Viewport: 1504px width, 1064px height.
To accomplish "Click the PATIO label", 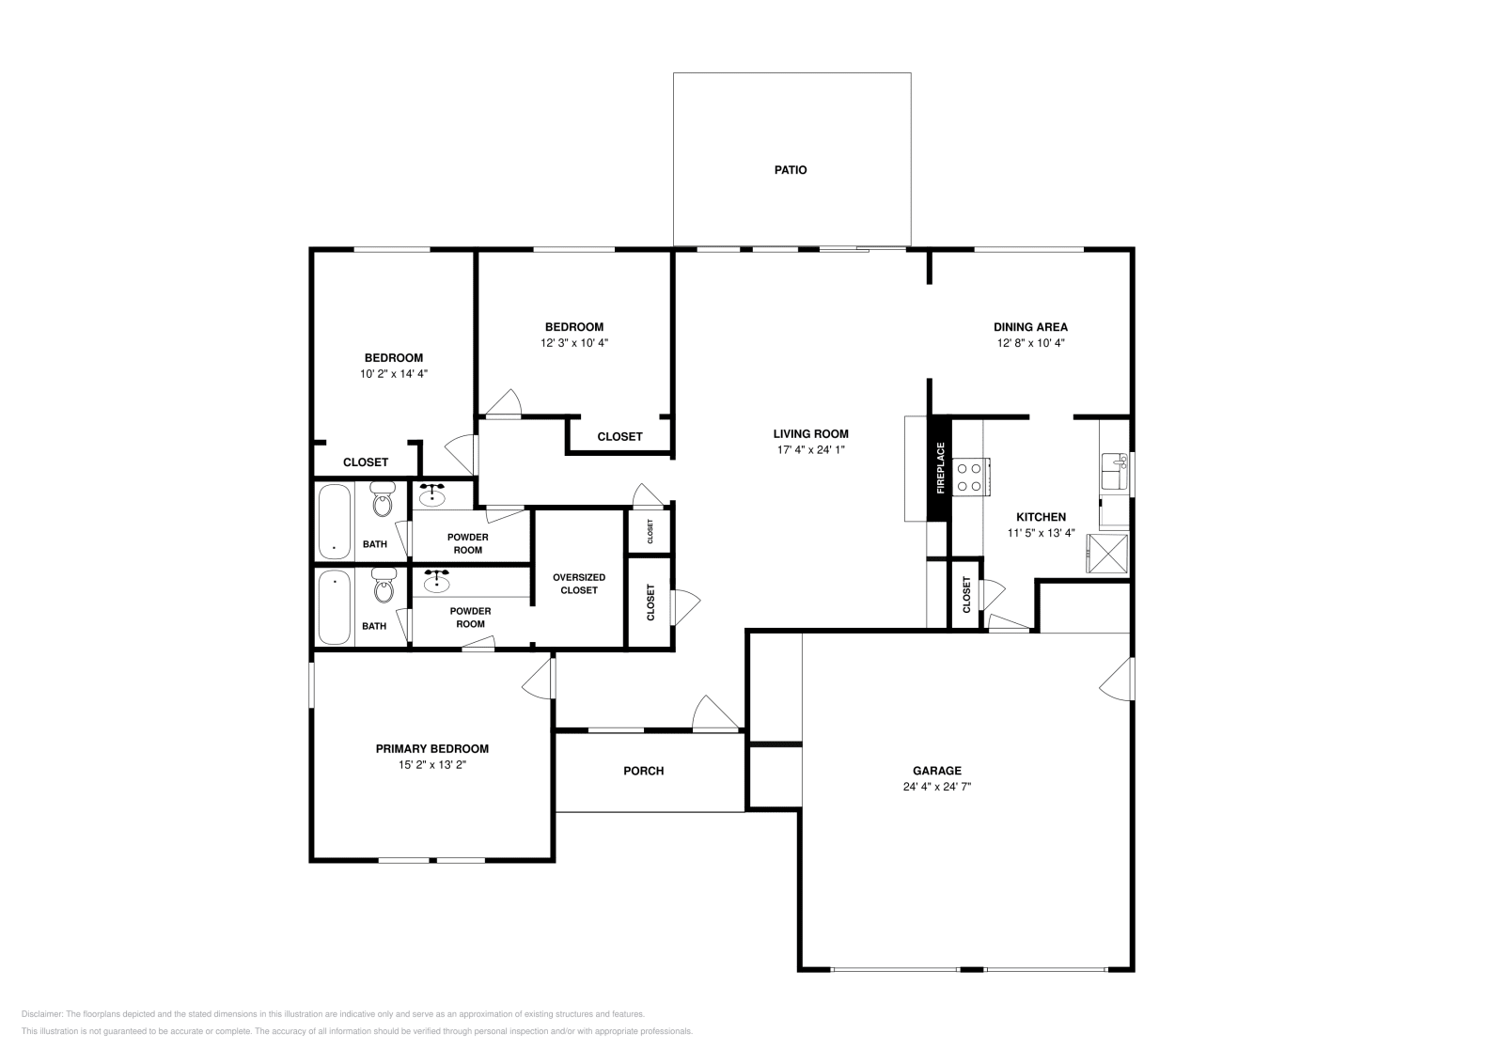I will tap(791, 170).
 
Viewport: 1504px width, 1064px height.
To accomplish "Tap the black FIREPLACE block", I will tap(939, 468).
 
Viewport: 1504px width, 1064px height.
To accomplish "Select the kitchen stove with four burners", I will tap(970, 476).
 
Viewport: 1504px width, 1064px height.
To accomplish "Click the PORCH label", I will tap(644, 771).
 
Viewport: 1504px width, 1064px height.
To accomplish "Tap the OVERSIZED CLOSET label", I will tap(579, 584).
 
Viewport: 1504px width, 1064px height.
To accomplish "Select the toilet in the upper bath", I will tap(383, 501).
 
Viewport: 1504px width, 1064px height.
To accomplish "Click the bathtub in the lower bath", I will tap(334, 607).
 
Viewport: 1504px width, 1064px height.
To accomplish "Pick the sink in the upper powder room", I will tap(432, 493).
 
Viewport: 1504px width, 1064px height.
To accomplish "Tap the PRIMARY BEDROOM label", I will tap(432, 749).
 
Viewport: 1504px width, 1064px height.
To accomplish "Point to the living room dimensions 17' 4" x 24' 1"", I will tap(810, 450).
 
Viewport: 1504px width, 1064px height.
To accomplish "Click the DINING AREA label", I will tap(1030, 327).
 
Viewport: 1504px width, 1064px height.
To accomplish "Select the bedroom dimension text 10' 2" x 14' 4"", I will tap(394, 373).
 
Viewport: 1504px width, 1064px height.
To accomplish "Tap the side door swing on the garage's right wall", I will tap(1117, 679).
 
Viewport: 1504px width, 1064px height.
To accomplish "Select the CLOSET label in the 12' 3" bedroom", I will tap(620, 436).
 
